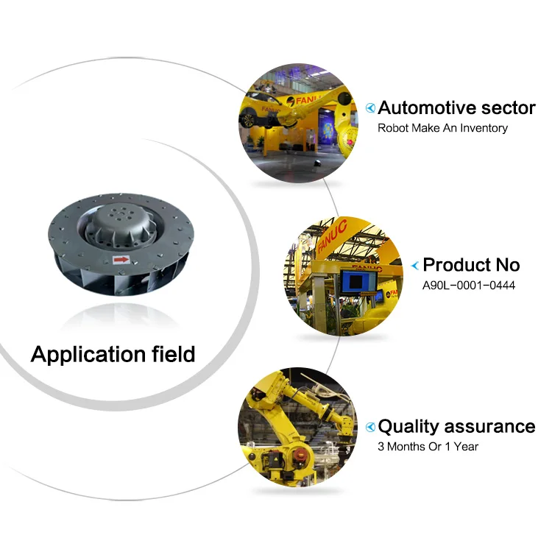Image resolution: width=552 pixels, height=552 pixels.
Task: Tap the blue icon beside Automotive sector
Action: [x=371, y=108]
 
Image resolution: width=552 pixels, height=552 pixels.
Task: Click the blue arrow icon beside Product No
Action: [x=416, y=265]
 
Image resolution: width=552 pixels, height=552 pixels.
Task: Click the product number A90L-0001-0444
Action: [x=469, y=285]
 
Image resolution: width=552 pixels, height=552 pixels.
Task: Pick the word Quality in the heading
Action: [x=409, y=427]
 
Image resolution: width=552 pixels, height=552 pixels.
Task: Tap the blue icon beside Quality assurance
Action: [x=371, y=427]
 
